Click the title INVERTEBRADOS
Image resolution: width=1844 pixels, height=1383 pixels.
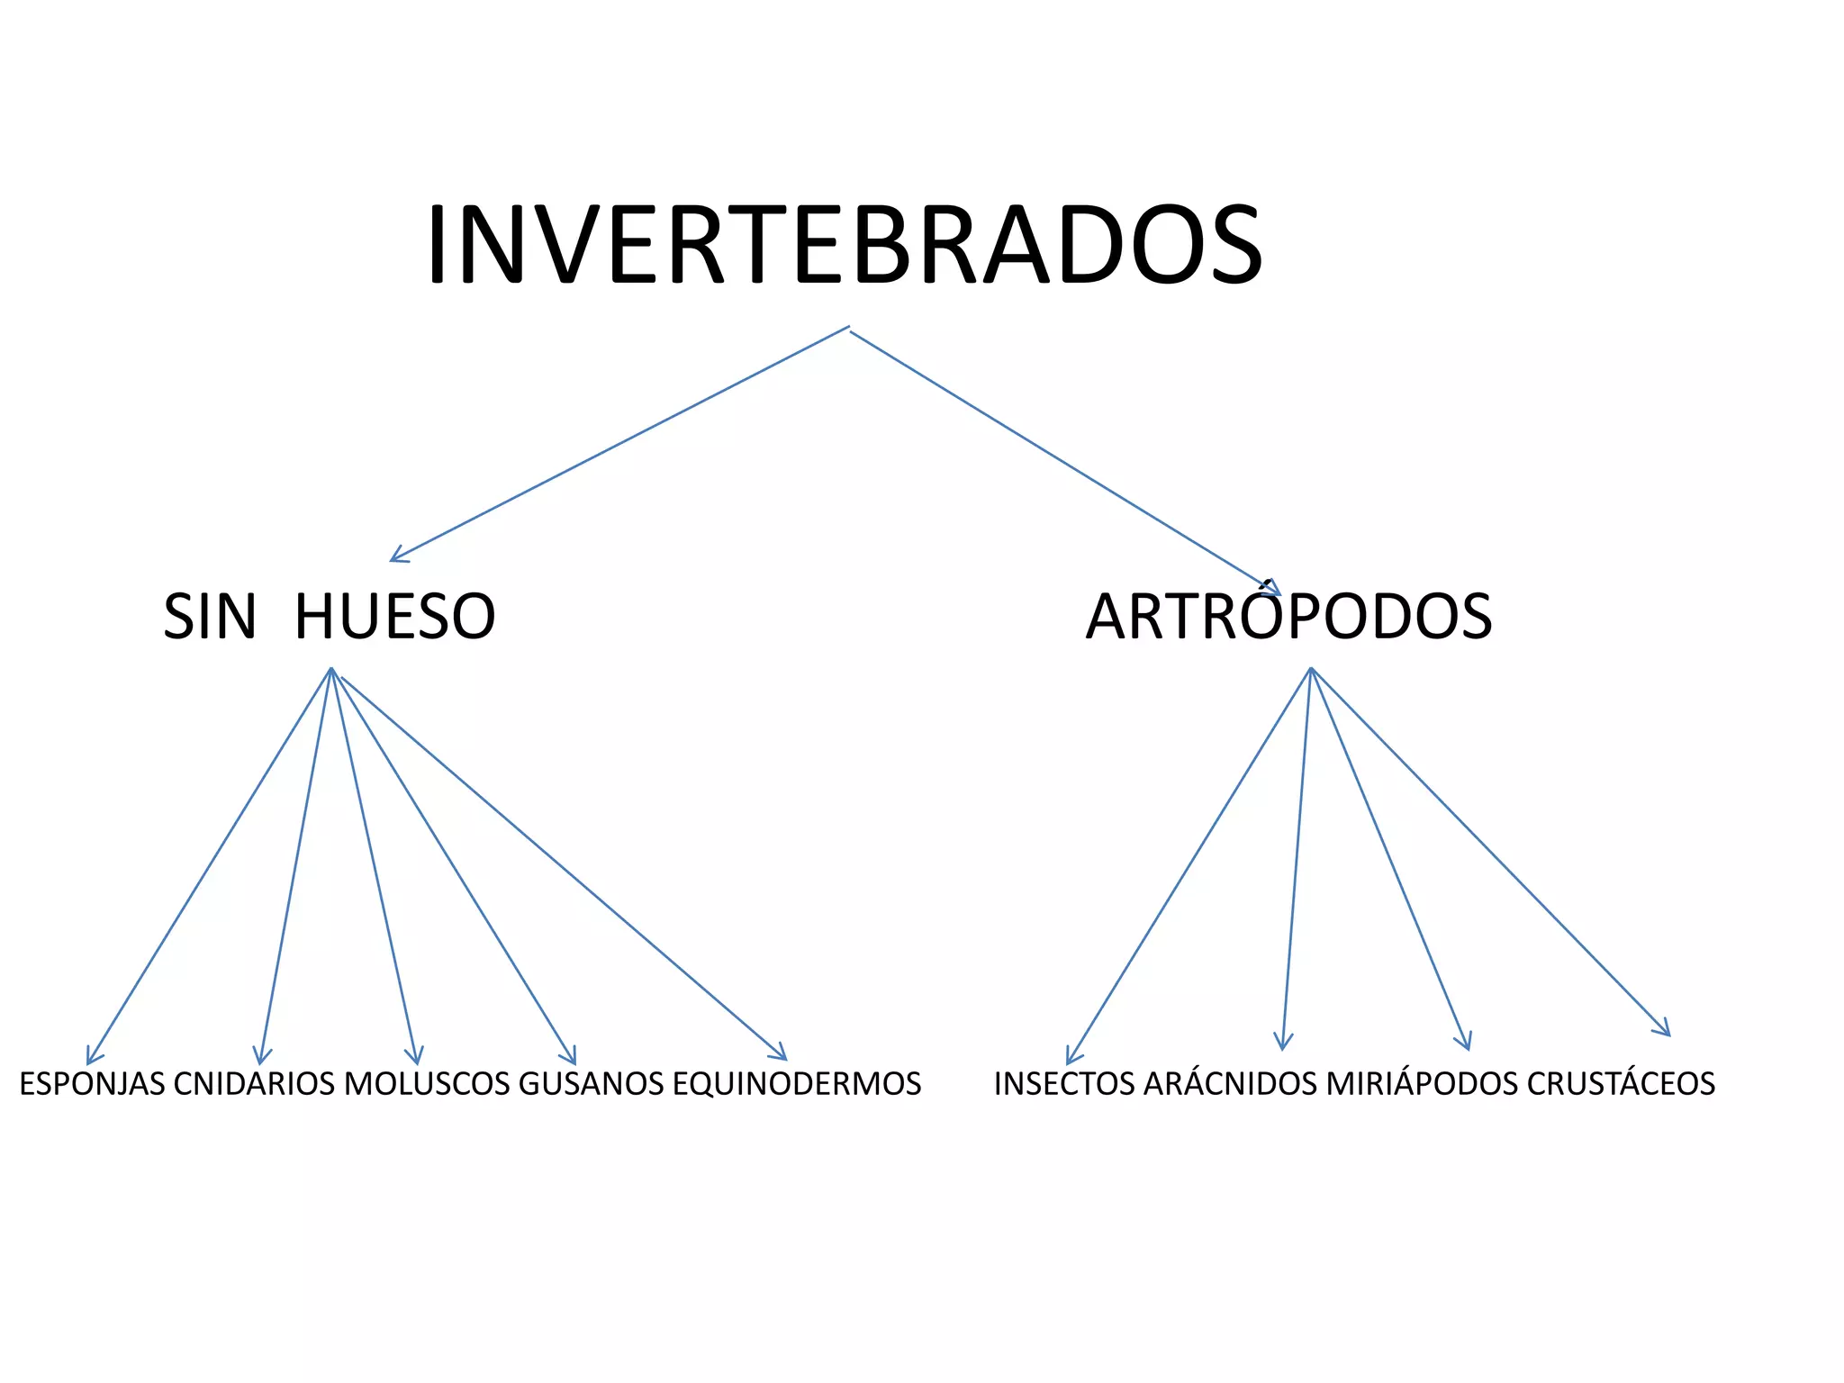pos(844,245)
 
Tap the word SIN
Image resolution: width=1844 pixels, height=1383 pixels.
pos(209,618)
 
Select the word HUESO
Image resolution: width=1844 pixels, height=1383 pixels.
pos(394,618)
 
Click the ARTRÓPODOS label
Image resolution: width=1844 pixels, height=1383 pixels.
pos(1288,618)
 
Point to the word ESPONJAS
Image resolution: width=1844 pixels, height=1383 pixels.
pos(93,1084)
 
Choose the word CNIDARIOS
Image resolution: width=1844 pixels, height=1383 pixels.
pos(254,1084)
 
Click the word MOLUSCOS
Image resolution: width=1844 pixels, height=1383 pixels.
pos(427,1084)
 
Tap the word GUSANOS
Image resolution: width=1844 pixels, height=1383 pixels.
pos(592,1084)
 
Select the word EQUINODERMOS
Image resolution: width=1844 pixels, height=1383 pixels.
pos(797,1084)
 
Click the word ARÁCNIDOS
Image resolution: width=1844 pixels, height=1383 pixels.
pos(1230,1084)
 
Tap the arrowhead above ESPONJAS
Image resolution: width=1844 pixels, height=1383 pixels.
pos(90,1059)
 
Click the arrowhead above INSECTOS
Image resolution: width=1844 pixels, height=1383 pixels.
pos(1071,1059)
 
